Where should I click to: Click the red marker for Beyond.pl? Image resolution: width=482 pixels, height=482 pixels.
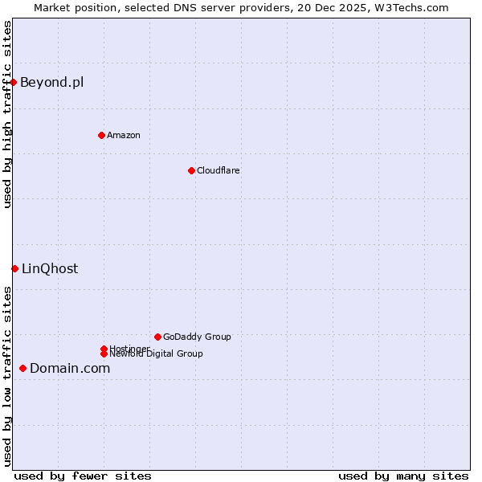(x=14, y=82)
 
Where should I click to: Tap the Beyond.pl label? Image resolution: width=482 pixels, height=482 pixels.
(x=51, y=82)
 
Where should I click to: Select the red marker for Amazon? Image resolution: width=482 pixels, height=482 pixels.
(x=101, y=135)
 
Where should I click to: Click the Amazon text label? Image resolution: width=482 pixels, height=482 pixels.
(x=124, y=135)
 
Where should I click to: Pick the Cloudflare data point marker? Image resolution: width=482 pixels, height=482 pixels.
(x=191, y=170)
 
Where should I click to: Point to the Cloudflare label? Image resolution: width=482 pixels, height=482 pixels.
(x=219, y=170)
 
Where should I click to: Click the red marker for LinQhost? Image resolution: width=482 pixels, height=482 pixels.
(x=14, y=268)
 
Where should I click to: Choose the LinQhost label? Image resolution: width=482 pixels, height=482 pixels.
(x=50, y=268)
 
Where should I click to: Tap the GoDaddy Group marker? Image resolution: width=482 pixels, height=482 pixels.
(x=157, y=337)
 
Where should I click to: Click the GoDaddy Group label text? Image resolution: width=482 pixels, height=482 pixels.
(x=197, y=337)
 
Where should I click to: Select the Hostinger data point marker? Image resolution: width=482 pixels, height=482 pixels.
(x=104, y=349)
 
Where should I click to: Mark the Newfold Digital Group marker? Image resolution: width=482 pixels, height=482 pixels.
(x=104, y=354)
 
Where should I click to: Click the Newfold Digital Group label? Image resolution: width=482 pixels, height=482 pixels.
(x=157, y=354)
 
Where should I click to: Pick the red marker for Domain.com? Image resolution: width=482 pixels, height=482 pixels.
(x=22, y=368)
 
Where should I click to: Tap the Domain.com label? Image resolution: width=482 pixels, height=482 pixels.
(x=70, y=368)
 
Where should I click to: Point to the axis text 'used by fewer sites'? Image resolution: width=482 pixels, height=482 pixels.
(x=83, y=476)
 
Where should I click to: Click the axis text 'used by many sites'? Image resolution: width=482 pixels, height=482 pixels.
(x=403, y=476)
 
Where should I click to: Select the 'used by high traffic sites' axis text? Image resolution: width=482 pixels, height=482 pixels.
(x=7, y=114)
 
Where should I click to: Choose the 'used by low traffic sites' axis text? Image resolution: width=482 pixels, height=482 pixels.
(x=7, y=376)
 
